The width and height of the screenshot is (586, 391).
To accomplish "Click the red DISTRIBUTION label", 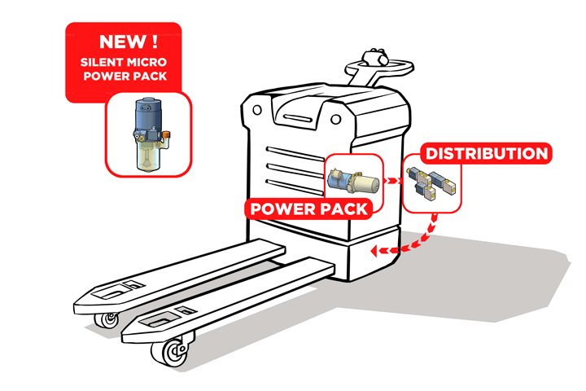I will (487, 154).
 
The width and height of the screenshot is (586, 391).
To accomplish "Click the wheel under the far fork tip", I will (107, 319).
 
